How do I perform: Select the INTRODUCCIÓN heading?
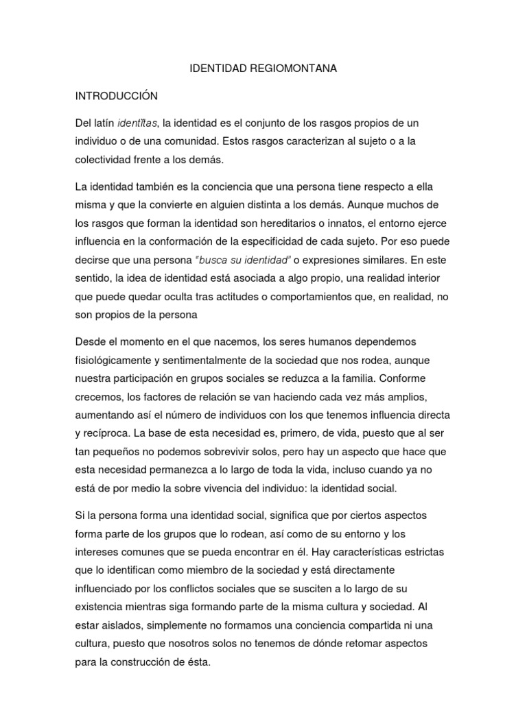pyautogui.click(x=117, y=96)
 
